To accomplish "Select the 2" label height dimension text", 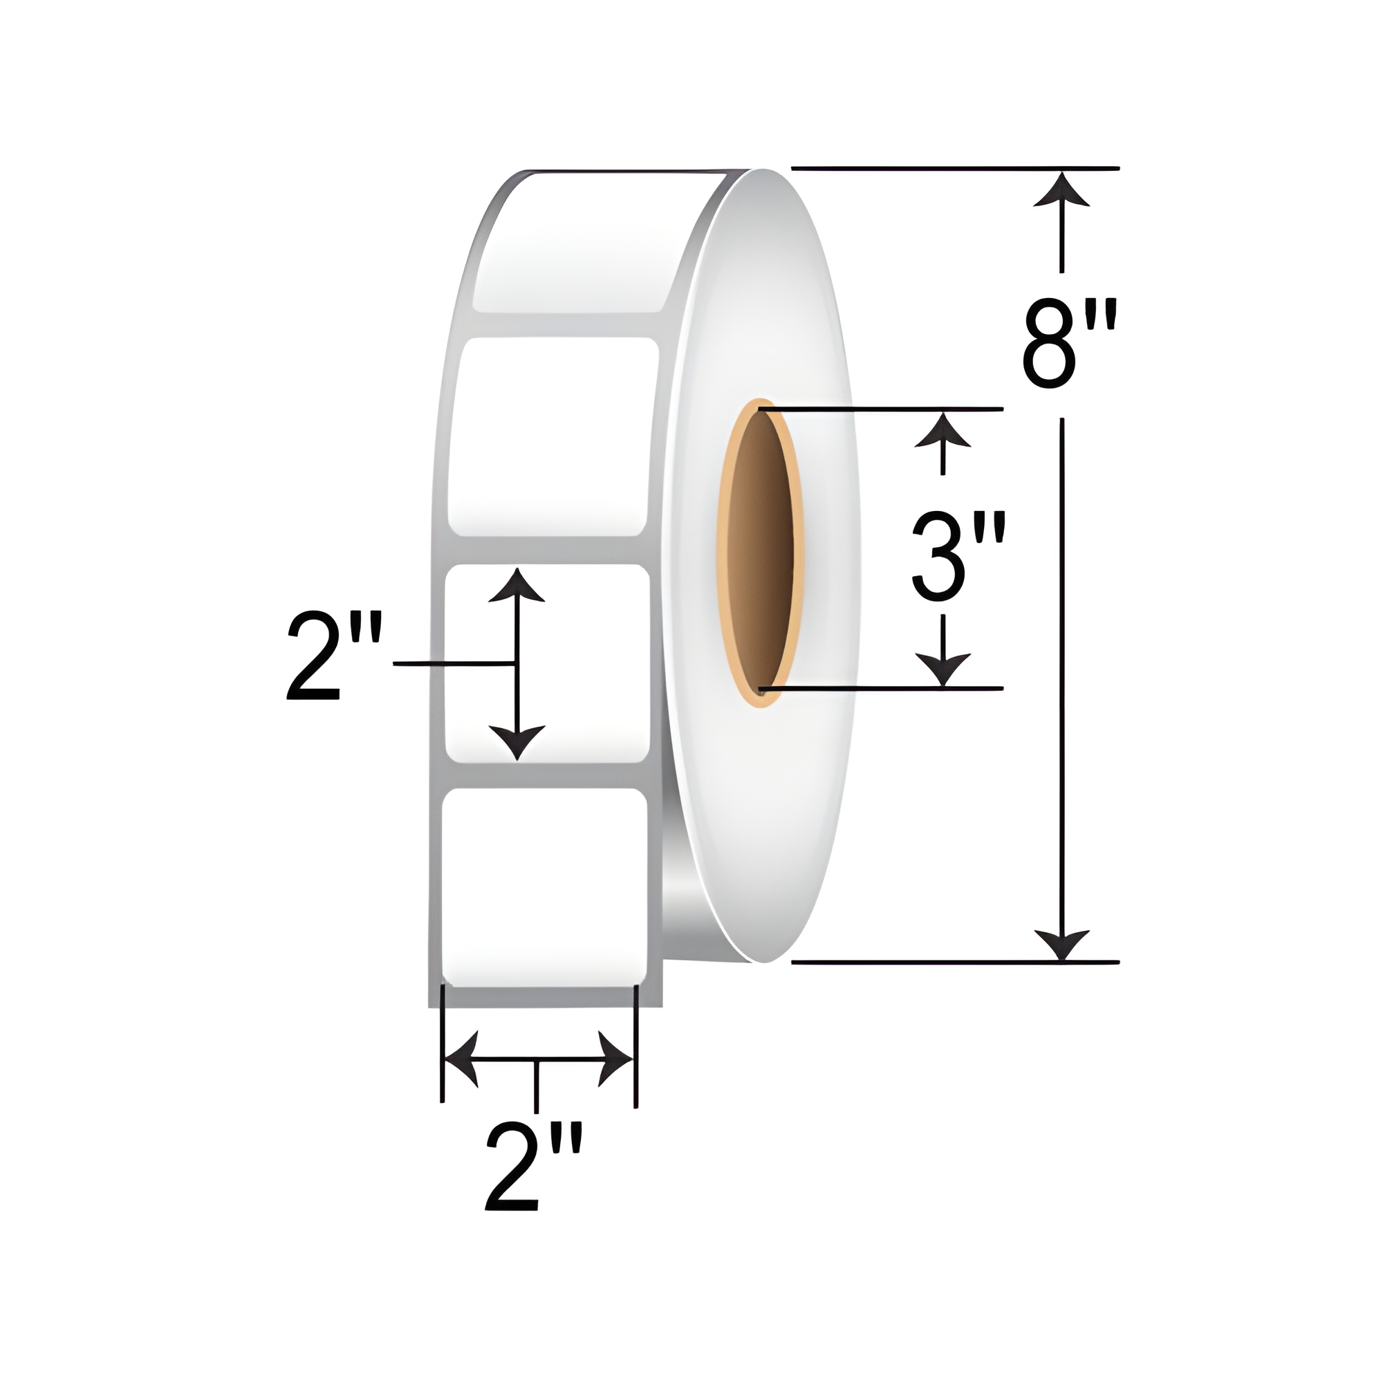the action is [333, 657].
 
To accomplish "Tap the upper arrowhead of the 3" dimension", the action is [943, 428].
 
